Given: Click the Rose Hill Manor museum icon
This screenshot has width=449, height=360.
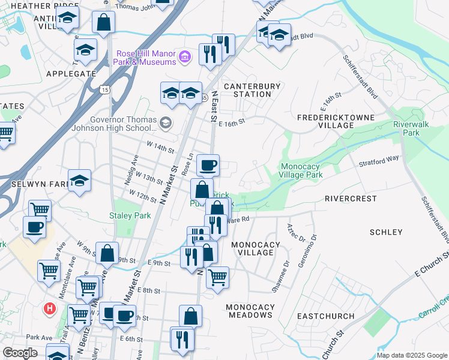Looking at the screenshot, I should pyautogui.click(x=185, y=58).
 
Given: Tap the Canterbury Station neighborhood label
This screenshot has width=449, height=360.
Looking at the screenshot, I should pyautogui.click(x=252, y=90).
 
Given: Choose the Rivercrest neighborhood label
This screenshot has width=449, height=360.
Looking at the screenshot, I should pyautogui.click(x=351, y=198).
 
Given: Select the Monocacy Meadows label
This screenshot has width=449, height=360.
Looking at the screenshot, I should pyautogui.click(x=250, y=311).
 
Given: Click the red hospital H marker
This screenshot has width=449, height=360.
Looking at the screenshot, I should pyautogui.click(x=50, y=310).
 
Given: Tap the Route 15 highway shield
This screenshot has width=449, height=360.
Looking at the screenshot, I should pyautogui.click(x=105, y=89).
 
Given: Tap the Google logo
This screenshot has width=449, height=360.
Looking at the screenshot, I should pyautogui.click(x=20, y=353).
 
